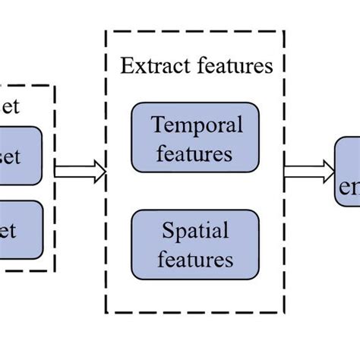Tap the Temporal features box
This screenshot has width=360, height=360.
coord(195,137)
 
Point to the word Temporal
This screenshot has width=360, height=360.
coord(195,125)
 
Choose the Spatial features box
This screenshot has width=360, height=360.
coord(195,244)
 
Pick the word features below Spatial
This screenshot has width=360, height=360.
coord(195,259)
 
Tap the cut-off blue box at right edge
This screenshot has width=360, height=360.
coord(347,177)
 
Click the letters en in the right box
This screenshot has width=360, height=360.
coord(351,187)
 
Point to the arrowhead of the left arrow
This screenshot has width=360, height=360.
coord(99,173)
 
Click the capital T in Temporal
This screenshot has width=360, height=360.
coord(156,125)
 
